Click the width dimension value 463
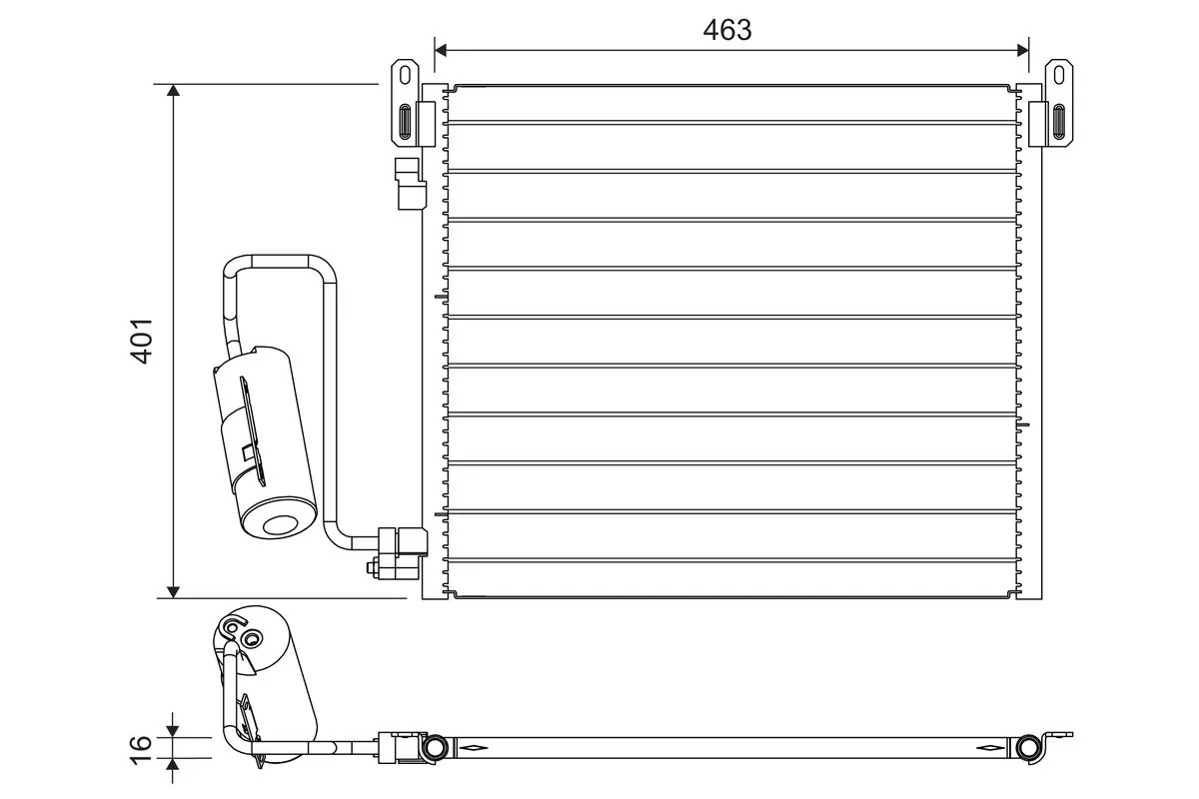726,30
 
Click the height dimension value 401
142,341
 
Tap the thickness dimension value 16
142,743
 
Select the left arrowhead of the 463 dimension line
442,48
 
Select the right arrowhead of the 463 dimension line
1022,48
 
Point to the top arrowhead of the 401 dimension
174,92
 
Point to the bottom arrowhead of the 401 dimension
174,590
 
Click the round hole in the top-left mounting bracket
405,74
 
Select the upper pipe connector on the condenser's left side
411,184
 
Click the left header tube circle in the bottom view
435,748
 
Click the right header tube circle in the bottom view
1026,748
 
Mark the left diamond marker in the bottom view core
472,748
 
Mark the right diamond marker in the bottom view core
989,748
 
